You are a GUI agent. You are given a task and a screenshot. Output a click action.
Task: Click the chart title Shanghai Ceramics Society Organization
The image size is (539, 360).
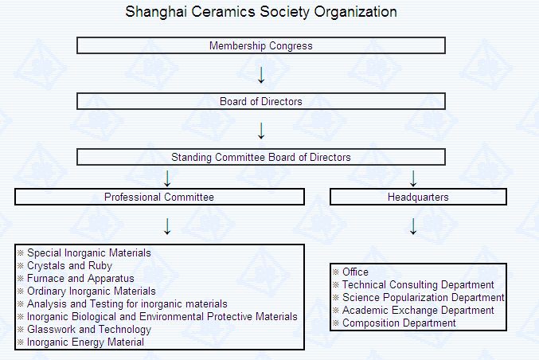point(261,12)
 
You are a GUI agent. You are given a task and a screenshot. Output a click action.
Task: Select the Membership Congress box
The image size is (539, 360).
point(261,45)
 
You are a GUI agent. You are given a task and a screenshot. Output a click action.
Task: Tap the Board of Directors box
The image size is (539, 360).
point(261,101)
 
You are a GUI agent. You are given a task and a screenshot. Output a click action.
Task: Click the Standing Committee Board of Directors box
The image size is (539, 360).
point(261,157)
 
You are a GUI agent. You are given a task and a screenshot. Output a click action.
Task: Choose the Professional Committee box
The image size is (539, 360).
point(159,197)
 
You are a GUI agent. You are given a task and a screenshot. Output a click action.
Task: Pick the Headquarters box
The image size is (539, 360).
point(418,197)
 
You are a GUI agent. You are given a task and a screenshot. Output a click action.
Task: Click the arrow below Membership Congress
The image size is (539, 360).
point(261,75)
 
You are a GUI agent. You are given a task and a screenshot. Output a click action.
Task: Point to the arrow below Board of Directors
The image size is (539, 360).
point(261,130)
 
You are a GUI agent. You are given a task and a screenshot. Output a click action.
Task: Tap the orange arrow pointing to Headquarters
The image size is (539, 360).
point(412,178)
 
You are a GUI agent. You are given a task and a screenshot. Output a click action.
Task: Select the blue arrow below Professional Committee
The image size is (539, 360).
point(167,226)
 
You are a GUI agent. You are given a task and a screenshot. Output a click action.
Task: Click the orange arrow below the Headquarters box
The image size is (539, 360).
point(412,226)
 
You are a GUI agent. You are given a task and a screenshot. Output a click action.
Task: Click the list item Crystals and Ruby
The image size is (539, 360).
point(69,265)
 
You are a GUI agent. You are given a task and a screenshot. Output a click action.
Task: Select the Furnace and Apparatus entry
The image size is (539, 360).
point(80,278)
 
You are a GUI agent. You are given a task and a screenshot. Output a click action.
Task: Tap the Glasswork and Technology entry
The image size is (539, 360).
point(88,329)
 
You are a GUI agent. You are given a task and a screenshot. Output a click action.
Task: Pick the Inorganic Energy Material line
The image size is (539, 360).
point(85,342)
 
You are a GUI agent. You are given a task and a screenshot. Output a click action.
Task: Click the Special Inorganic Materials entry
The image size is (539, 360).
point(88,252)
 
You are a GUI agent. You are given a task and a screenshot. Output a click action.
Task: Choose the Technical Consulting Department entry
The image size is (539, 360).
point(418,284)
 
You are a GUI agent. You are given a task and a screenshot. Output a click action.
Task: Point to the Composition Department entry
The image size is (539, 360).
point(399,323)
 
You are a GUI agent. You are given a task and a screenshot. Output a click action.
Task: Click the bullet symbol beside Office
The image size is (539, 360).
point(336,272)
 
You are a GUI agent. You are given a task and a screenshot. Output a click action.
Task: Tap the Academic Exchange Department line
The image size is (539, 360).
point(418,310)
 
